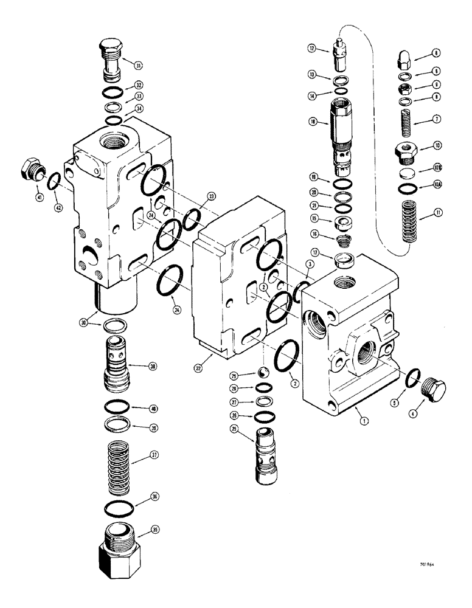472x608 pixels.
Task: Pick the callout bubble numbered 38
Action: (x=153, y=366)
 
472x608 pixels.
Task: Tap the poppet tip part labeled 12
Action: (x=339, y=54)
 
